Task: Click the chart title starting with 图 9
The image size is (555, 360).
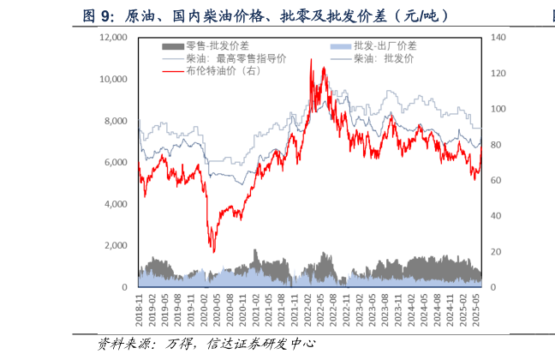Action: pos(265,15)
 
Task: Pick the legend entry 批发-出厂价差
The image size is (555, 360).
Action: pos(385,45)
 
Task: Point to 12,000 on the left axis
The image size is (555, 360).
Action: pos(113,38)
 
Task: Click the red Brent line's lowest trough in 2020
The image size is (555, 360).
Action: pos(213,251)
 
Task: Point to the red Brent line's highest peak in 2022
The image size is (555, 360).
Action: pos(310,60)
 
